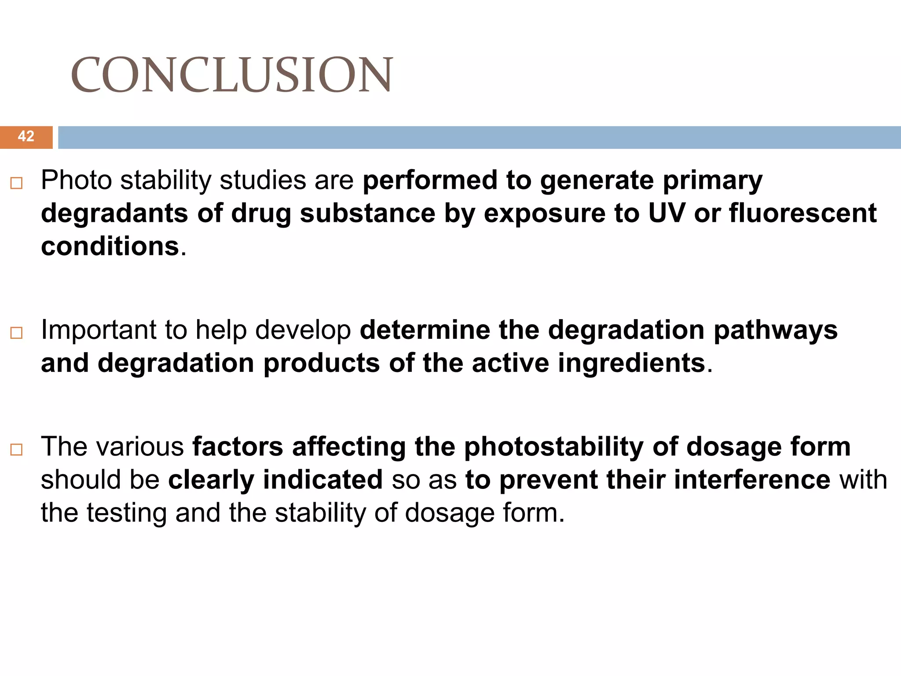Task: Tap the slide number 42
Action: (26, 136)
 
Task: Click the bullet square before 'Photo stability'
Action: (16, 183)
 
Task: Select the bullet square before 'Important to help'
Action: (16, 333)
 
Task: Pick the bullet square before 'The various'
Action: (16, 449)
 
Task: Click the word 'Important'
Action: (98, 330)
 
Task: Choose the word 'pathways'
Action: (775, 330)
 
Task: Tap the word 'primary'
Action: (712, 180)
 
